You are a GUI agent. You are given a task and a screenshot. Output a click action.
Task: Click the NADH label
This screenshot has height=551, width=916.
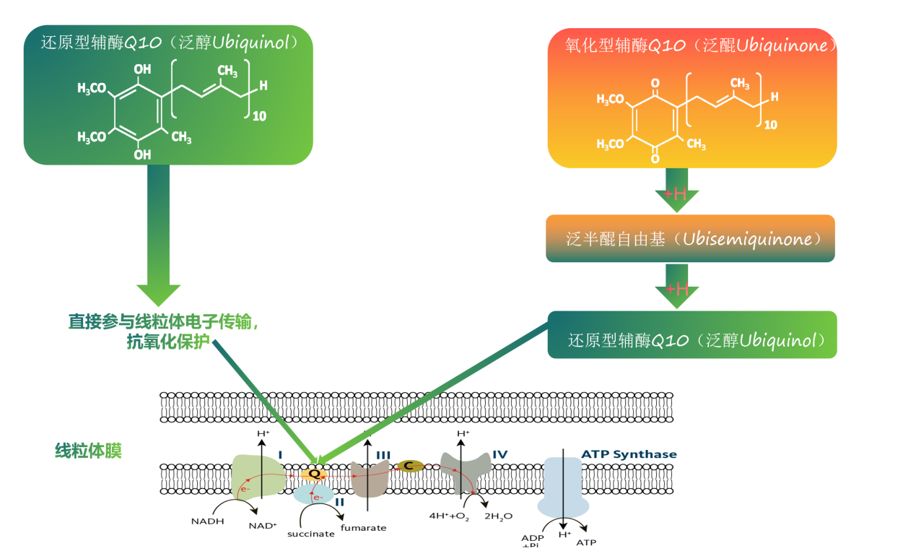pyautogui.click(x=207, y=521)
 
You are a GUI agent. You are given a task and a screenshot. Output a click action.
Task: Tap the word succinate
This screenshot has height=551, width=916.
pyautogui.click(x=310, y=534)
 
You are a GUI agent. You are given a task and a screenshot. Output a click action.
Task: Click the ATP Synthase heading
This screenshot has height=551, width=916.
pyautogui.click(x=629, y=454)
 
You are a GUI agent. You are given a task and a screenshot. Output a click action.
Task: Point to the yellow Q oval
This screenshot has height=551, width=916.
pyautogui.click(x=314, y=474)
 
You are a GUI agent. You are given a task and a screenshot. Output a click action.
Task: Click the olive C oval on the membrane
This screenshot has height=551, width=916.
pyautogui.click(x=409, y=466)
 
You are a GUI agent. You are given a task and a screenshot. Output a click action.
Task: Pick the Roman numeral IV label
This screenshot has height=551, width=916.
pyautogui.click(x=500, y=454)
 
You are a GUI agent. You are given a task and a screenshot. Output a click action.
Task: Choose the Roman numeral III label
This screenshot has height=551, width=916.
pyautogui.click(x=383, y=455)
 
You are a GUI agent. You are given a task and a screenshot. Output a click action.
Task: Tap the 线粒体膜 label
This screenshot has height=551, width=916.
pyautogui.click(x=88, y=451)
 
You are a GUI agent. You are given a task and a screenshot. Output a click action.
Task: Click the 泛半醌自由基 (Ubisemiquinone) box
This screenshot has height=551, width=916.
pyautogui.click(x=690, y=238)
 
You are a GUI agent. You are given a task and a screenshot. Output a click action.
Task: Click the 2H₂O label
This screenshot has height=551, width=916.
pyautogui.click(x=497, y=516)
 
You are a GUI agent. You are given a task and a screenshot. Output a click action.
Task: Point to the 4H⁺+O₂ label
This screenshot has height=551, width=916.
pyautogui.click(x=449, y=516)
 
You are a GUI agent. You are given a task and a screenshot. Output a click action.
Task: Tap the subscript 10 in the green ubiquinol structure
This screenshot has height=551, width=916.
pyautogui.click(x=257, y=114)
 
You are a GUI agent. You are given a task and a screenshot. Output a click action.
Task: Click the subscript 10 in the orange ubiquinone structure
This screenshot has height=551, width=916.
pyautogui.click(x=770, y=124)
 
